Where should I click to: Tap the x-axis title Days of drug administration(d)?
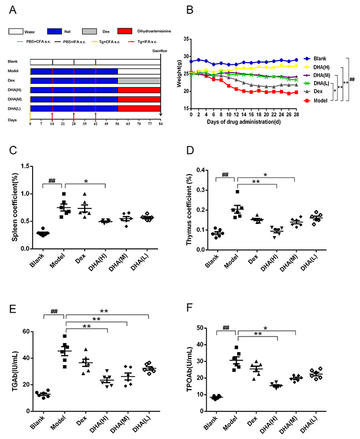[245, 121]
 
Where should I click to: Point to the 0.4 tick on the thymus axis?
[203, 170]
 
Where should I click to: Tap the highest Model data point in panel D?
[238, 192]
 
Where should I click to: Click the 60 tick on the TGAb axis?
[25, 331]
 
